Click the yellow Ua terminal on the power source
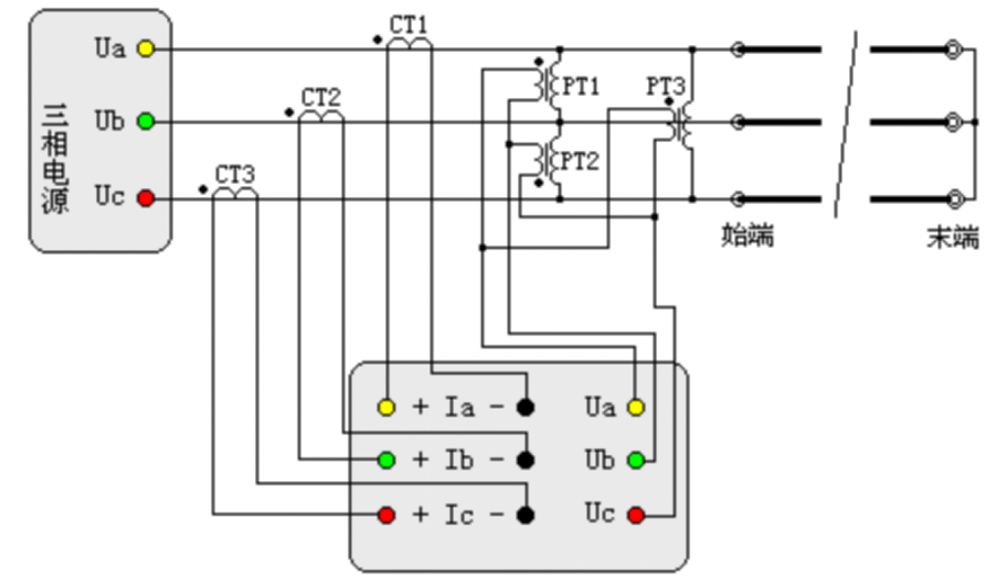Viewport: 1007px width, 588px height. [x=145, y=49]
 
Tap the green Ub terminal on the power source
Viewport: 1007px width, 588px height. [x=145, y=122]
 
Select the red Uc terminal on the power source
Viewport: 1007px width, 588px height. [x=145, y=199]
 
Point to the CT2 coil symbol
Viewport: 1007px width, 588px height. [x=321, y=117]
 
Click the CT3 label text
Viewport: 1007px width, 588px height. [x=235, y=174]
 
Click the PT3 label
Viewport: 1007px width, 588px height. [x=665, y=86]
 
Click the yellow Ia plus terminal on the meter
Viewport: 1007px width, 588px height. [x=386, y=407]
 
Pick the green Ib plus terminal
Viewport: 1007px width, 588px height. [x=386, y=460]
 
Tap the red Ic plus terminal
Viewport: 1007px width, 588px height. [x=386, y=514]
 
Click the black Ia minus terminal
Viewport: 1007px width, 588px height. [x=527, y=407]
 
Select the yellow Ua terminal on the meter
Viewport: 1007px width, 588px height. [x=636, y=407]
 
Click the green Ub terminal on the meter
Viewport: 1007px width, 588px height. [x=636, y=460]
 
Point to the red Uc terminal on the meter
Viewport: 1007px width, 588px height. [x=636, y=514]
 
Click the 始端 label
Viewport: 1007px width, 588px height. [x=747, y=235]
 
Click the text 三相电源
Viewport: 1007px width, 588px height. [x=56, y=160]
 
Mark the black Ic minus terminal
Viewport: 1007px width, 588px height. [x=527, y=514]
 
